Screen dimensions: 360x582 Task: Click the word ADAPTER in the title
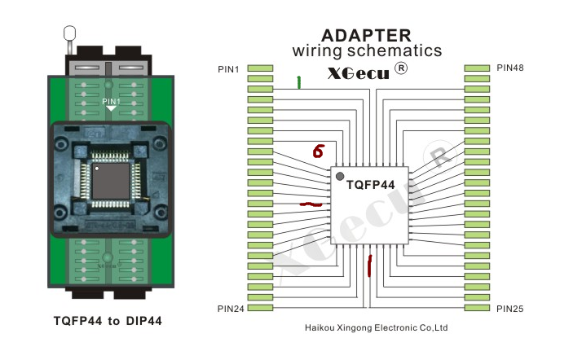point(366,35)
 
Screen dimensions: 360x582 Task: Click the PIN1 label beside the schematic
point(228,68)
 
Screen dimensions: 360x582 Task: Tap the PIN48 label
point(510,68)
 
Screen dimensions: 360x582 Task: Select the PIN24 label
point(231,309)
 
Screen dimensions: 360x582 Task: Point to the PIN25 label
point(510,309)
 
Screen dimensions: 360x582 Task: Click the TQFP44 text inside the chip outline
point(370,185)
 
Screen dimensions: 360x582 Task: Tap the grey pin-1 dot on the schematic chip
point(340,176)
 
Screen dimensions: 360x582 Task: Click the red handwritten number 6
point(318,151)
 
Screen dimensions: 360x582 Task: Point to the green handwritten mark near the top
point(299,81)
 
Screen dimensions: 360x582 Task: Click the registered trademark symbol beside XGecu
point(400,68)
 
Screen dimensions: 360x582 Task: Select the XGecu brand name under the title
point(358,72)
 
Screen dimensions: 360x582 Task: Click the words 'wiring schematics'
point(367,51)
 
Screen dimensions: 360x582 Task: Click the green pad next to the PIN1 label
point(260,68)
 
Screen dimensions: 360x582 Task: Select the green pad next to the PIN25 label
point(476,309)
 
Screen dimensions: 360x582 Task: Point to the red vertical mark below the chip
point(370,265)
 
